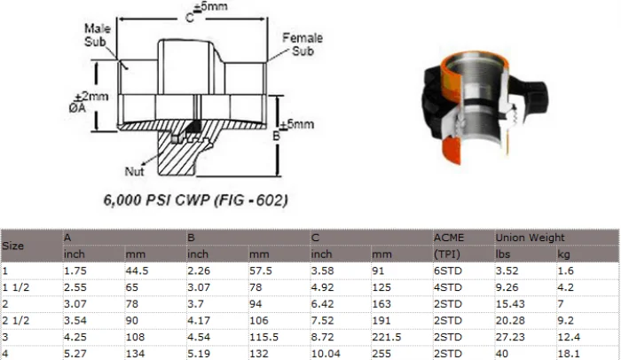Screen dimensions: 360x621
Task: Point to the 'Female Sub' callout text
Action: point(302,44)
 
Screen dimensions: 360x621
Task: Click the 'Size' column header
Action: point(13,245)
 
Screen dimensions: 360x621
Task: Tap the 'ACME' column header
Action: point(449,238)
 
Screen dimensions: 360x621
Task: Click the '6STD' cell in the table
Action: point(447,270)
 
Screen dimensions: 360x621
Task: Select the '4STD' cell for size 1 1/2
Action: point(447,286)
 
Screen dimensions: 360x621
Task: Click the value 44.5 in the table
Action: point(138,270)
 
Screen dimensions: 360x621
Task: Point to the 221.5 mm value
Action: point(387,337)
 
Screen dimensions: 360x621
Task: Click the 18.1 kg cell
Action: point(567,354)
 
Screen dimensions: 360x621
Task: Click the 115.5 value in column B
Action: point(263,337)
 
